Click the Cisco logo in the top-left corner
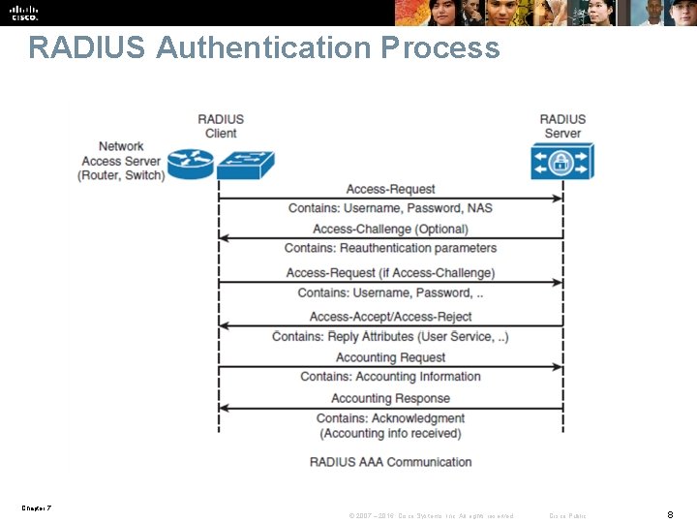pos(24,13)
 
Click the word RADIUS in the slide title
pos(86,47)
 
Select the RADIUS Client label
pos(221,126)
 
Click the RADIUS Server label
pos(562,126)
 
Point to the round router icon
pos(190,164)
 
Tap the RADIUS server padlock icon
pos(561,161)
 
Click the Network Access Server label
pos(121,161)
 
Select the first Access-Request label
pos(390,189)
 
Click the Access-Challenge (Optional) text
pos(390,230)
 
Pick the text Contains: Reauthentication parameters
pos(390,249)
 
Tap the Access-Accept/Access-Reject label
pos(390,317)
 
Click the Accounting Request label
pos(390,357)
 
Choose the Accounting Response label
pos(390,398)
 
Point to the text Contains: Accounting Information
pos(390,377)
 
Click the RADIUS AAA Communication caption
pos(390,462)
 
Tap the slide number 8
pos(670,514)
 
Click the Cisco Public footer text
pos(567,515)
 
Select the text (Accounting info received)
pos(390,433)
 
